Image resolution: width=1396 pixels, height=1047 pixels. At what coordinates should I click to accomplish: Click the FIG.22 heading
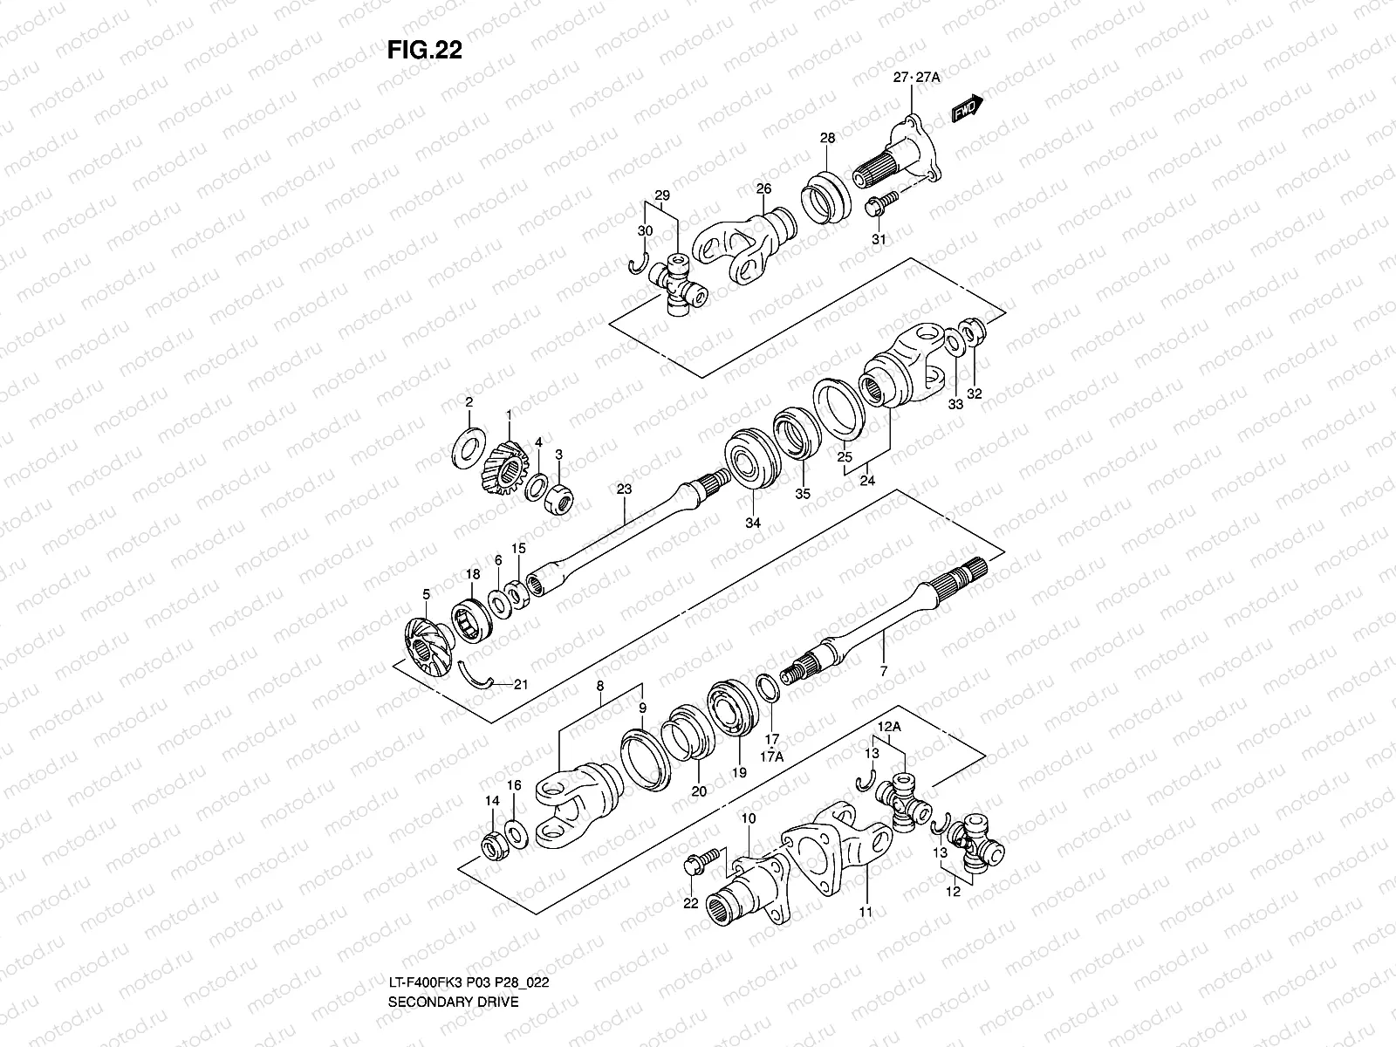424,51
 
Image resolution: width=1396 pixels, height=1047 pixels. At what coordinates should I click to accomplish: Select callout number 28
827,138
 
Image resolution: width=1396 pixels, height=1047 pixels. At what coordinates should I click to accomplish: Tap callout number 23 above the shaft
623,490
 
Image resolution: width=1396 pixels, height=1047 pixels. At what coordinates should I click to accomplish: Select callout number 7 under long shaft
883,670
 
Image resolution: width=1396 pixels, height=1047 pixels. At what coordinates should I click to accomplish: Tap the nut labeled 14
493,846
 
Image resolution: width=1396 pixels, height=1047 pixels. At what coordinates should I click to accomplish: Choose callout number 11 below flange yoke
866,911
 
